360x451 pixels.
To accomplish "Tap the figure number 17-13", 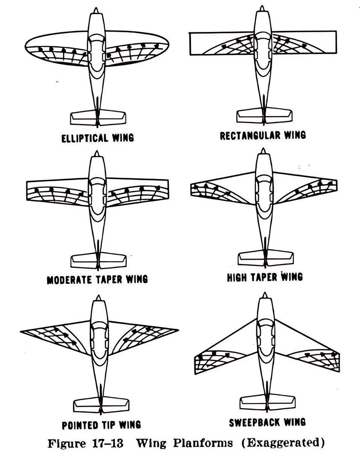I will [x=107, y=443].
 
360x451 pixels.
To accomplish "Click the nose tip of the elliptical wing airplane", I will [x=96, y=9].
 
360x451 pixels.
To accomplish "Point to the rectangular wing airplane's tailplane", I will [x=265, y=114].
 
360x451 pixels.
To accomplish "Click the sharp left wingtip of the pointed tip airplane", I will [x=22, y=331].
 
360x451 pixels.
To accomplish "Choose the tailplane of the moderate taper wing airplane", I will [x=98, y=260].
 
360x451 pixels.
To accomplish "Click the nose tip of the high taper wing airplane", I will [x=263, y=150].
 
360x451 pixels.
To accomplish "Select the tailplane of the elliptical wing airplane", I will [x=98, y=118].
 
